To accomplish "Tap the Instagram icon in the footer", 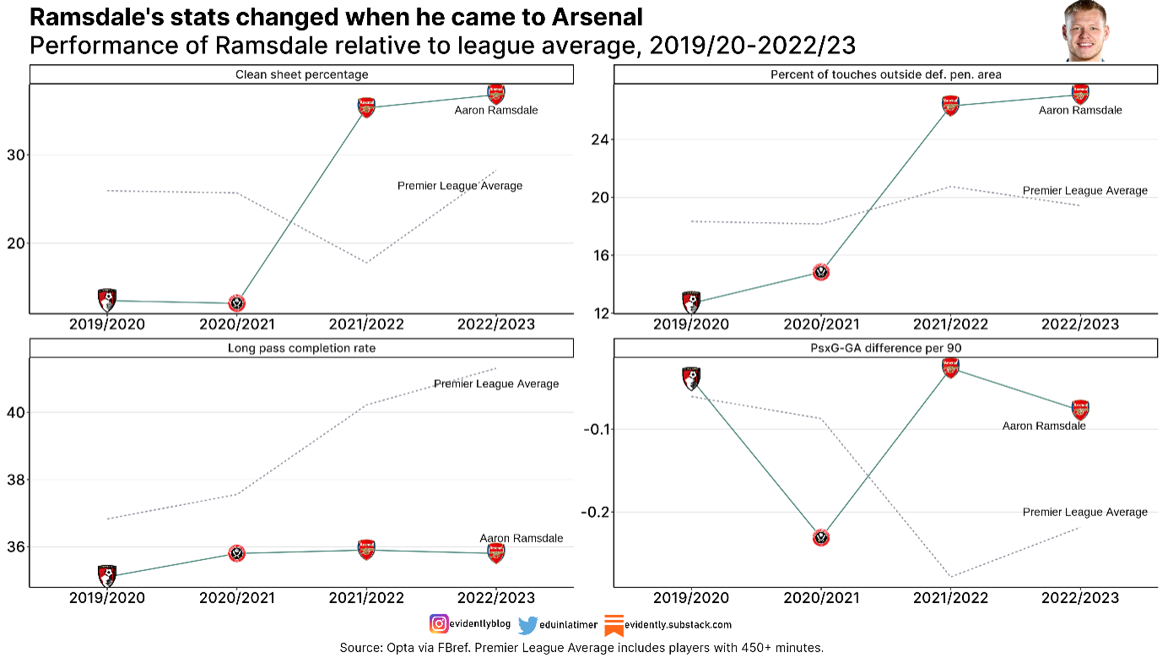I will pyautogui.click(x=439, y=624).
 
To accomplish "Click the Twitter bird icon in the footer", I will pyautogui.click(x=527, y=625).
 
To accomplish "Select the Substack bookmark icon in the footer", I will pyautogui.click(x=614, y=625).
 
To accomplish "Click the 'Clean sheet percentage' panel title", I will pyautogui.click(x=301, y=75).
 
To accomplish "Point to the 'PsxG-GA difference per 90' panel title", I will pyautogui.click(x=885, y=348).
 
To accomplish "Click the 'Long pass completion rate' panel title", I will pyautogui.click(x=301, y=348).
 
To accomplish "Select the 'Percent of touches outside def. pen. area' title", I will pyautogui.click(x=885, y=75).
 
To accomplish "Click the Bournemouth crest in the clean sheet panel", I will pyautogui.click(x=107, y=299).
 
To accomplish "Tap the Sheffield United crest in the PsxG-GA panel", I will pyautogui.click(x=821, y=537).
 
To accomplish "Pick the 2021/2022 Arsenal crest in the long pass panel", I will pyautogui.click(x=366, y=549).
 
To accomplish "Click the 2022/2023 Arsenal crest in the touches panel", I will pyautogui.click(x=1079, y=93).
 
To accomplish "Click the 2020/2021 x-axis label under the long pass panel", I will pyautogui.click(x=237, y=598).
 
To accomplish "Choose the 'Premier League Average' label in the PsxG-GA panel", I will pyautogui.click(x=1084, y=512).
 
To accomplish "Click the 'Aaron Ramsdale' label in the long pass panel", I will pyautogui.click(x=521, y=538).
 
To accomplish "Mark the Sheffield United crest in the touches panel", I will pyautogui.click(x=821, y=272).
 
